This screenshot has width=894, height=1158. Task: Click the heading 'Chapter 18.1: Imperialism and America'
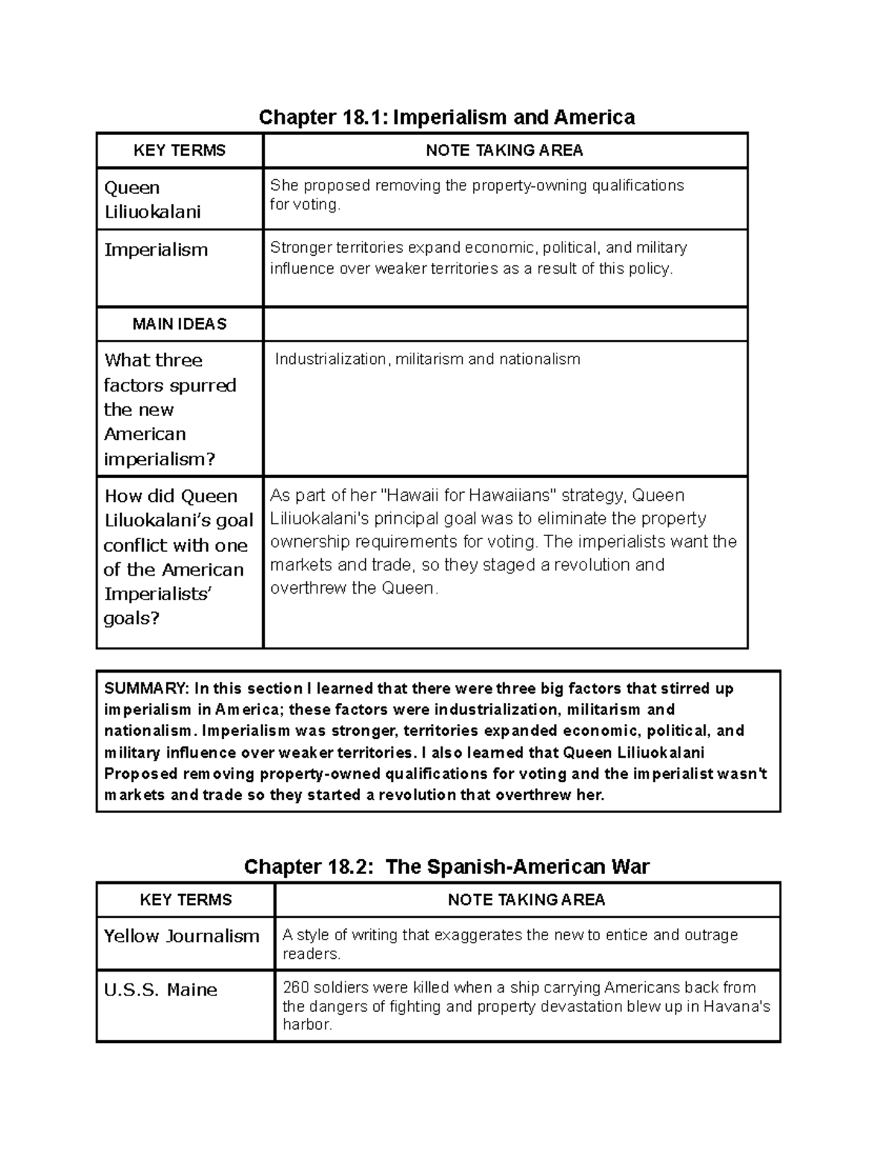pyautogui.click(x=446, y=117)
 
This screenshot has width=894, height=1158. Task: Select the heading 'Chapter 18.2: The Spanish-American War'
pyautogui.click(x=446, y=866)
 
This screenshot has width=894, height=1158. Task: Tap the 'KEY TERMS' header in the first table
pyautogui.click(x=180, y=151)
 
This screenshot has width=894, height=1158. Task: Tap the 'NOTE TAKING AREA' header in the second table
pyautogui.click(x=527, y=900)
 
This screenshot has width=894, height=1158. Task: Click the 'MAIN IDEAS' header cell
pyautogui.click(x=180, y=324)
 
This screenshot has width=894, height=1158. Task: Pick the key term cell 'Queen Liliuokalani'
pyautogui.click(x=153, y=200)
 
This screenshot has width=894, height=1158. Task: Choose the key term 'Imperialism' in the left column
pyautogui.click(x=156, y=250)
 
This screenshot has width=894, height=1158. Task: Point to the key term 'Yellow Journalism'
pyautogui.click(x=182, y=936)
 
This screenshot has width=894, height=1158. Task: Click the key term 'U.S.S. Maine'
pyautogui.click(x=161, y=989)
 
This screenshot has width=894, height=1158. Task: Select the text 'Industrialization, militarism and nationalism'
pyautogui.click(x=427, y=359)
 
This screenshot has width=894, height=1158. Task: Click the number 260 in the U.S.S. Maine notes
pyautogui.click(x=296, y=988)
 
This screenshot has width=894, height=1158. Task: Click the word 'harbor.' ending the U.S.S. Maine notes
pyautogui.click(x=307, y=1025)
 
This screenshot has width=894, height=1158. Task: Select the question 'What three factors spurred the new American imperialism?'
pyautogui.click(x=170, y=409)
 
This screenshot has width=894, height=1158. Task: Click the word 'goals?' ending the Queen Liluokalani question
pyautogui.click(x=132, y=619)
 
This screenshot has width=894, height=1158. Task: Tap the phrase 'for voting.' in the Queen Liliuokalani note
pyautogui.click(x=305, y=205)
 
